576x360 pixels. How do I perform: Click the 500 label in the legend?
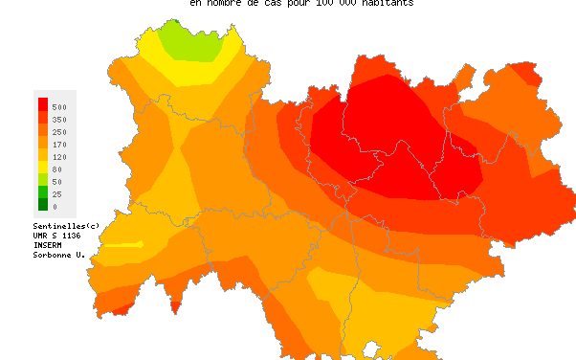59,106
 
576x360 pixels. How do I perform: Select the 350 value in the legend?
59,119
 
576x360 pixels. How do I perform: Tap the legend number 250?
59,131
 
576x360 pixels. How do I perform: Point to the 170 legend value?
59,144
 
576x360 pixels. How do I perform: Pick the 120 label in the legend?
59,156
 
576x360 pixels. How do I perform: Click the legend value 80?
56,169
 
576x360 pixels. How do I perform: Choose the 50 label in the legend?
56,181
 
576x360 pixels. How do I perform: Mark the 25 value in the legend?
56,193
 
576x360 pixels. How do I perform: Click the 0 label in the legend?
55,206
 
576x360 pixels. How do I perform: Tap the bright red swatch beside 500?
42,104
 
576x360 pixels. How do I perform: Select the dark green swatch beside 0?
42,204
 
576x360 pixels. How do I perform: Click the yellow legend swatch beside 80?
42,167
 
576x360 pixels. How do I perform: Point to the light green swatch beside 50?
42,179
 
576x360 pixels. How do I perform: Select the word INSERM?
47,244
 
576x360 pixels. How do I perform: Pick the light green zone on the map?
195,38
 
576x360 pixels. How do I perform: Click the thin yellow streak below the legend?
122,245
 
